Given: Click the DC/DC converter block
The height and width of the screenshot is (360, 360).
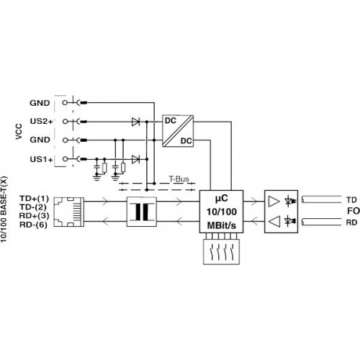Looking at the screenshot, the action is [178, 131].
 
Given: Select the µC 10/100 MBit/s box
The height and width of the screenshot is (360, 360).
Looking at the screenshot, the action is [221, 212].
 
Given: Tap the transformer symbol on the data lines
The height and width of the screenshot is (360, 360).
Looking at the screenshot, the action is [142, 212].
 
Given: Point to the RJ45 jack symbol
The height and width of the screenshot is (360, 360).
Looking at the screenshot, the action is [69, 212].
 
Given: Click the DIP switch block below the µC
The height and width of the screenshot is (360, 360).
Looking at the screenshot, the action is [221, 252].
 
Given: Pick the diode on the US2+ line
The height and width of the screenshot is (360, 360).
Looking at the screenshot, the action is [135, 122].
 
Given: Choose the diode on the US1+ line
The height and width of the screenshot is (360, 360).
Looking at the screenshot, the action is [135, 159].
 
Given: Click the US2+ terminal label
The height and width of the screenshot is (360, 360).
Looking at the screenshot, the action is [41, 121].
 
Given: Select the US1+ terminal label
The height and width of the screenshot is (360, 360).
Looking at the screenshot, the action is [41, 159].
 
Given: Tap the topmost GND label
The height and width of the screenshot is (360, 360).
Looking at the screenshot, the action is [40, 103].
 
